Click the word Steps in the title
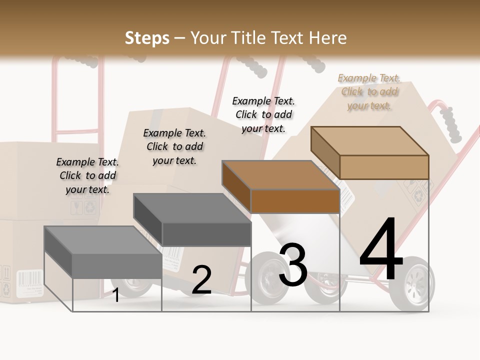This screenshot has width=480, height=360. click(x=147, y=38)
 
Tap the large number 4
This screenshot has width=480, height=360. click(x=381, y=250)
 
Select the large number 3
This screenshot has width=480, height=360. click(x=293, y=265)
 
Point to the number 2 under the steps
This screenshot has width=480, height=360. click(x=201, y=280)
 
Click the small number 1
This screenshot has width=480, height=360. click(x=115, y=295)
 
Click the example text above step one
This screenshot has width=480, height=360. click(x=87, y=175)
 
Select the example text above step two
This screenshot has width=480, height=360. click(x=174, y=146)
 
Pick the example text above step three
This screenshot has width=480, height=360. click(x=263, y=114)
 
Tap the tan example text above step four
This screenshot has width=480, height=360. click(x=369, y=91)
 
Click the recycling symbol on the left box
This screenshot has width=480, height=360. click(x=90, y=207)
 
